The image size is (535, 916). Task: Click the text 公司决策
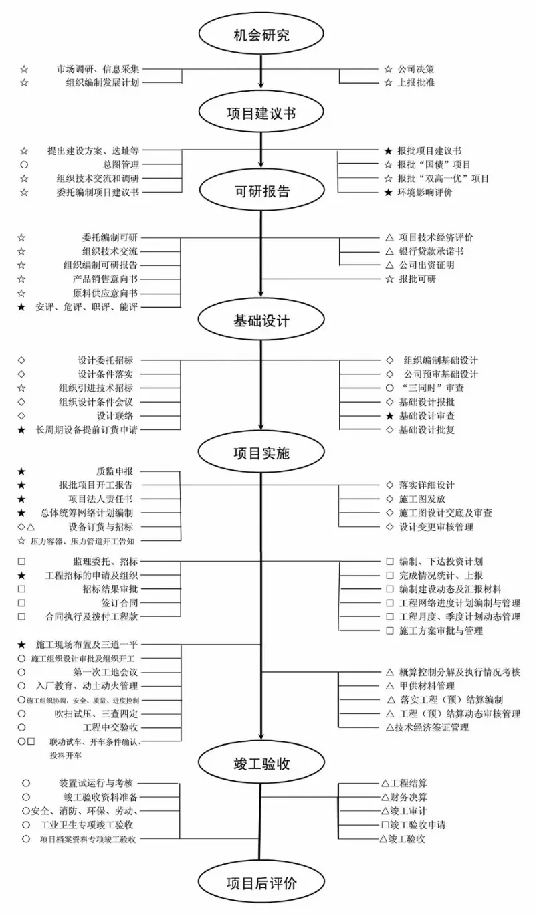416,69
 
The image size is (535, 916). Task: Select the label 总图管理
121,164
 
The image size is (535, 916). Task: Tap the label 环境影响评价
425,192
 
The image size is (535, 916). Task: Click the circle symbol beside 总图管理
24,164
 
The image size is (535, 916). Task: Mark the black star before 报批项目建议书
388,151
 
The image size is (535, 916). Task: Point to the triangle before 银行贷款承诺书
389,251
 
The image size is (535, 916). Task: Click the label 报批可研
417,279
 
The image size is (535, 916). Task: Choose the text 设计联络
115,416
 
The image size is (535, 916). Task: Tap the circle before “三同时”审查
389,388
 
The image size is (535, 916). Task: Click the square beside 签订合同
21,603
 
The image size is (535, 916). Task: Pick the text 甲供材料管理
427,686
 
